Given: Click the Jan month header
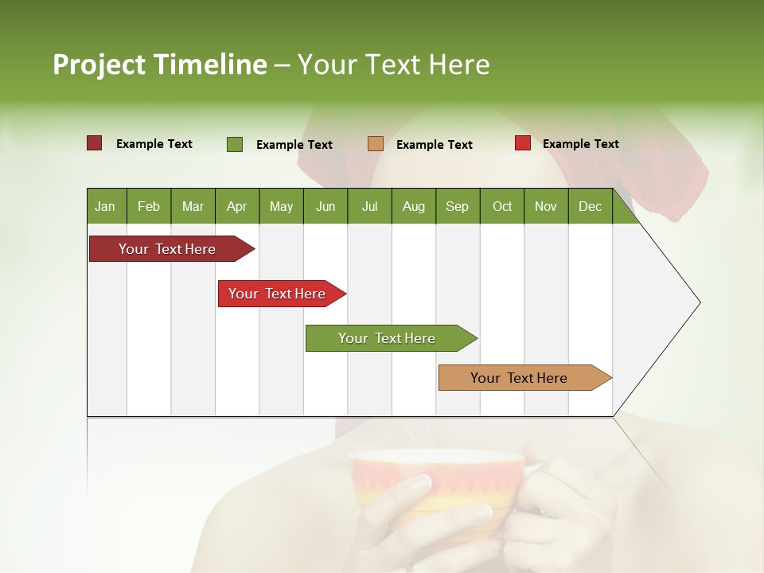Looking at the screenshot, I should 105,206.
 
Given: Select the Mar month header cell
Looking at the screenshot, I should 193,206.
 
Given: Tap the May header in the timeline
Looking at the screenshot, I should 281,206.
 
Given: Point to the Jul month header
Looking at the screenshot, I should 369,206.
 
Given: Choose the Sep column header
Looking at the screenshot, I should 457,206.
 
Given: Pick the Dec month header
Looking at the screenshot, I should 590,206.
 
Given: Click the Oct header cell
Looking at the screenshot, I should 502,206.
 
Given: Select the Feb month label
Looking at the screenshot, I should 149,206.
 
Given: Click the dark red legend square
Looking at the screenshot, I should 95,143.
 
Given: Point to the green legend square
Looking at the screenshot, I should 235,144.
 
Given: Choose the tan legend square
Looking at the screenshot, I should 376,143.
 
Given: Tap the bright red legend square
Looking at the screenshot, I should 523,143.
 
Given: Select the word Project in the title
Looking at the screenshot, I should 99,64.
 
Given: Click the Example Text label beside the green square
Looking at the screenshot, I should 294,145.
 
